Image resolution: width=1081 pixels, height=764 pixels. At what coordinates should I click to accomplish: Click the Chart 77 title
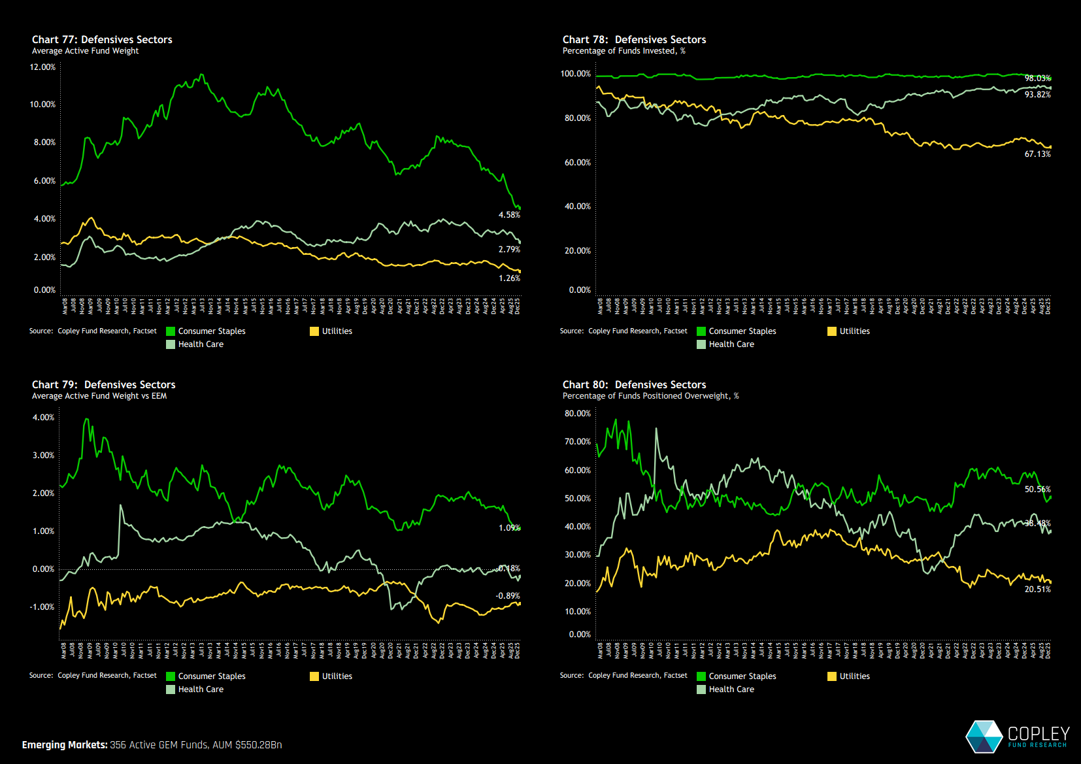102,39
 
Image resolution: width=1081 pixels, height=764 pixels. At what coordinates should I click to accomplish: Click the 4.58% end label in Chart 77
509,214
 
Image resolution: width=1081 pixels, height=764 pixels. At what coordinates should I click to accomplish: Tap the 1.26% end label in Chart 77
509,278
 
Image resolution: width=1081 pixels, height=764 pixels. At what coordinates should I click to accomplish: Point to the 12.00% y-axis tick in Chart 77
42,67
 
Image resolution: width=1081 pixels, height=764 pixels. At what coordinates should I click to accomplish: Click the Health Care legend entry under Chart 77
201,344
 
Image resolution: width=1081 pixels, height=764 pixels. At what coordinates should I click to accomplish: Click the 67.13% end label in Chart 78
1037,154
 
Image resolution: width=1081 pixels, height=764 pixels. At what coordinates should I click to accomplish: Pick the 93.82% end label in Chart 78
1037,95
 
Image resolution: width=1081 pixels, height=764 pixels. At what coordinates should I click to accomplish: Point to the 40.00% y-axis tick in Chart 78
578,206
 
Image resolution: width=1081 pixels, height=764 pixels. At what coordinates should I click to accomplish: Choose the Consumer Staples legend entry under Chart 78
742,331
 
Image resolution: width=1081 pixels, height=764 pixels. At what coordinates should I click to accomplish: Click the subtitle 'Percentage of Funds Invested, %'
624,51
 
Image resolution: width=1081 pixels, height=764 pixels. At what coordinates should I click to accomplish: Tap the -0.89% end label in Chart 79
507,595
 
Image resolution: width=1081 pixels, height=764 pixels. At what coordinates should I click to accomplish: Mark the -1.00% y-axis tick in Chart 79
42,606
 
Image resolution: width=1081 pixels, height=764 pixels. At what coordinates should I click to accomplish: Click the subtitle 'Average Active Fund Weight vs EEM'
99,396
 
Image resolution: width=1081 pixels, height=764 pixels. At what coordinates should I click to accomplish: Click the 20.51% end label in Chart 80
1037,589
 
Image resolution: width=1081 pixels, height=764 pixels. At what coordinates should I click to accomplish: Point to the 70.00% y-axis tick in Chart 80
578,441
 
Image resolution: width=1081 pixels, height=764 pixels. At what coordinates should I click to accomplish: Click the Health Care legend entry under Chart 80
731,689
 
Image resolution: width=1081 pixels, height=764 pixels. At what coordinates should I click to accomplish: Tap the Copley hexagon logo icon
984,737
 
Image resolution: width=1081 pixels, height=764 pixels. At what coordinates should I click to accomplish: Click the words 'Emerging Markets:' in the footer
64,745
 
